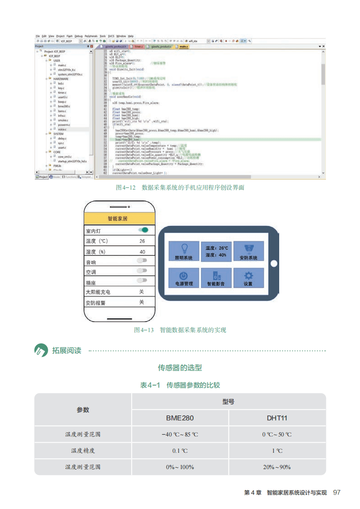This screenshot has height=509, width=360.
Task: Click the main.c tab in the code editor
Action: point(183,47)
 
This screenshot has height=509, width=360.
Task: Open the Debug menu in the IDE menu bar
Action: point(79,36)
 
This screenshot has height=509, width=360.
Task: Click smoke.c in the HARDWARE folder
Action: point(63,120)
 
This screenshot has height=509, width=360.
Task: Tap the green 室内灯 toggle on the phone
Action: point(143,230)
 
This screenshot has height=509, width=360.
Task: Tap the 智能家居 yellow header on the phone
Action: point(120,218)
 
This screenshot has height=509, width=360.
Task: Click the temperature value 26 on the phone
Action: point(143,241)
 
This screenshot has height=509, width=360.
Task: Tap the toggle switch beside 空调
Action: point(142,271)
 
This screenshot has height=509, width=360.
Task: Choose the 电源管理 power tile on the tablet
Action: point(184,278)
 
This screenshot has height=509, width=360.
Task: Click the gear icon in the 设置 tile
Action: point(248,275)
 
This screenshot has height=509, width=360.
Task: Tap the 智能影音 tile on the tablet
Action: point(216,278)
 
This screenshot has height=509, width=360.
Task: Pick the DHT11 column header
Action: point(277,418)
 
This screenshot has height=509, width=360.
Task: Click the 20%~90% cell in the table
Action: point(277,467)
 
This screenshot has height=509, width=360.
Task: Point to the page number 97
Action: point(337,493)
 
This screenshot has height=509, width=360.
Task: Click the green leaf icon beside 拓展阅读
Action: point(41,350)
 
